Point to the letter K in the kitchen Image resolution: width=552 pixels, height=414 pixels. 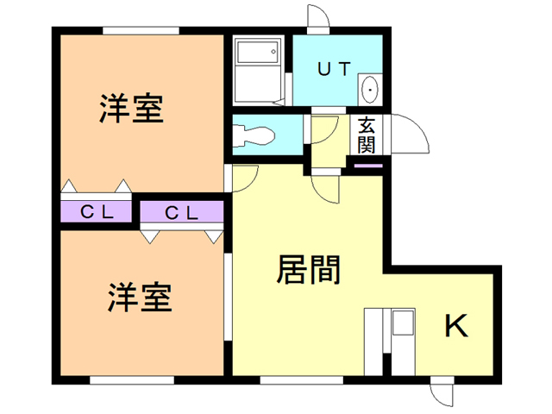[456, 325]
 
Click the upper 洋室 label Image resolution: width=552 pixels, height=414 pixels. [131, 110]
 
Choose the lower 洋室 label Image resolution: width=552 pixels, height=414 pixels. [140, 298]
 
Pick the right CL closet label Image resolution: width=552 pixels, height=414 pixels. [183, 211]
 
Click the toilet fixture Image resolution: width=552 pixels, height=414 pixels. [254, 135]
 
